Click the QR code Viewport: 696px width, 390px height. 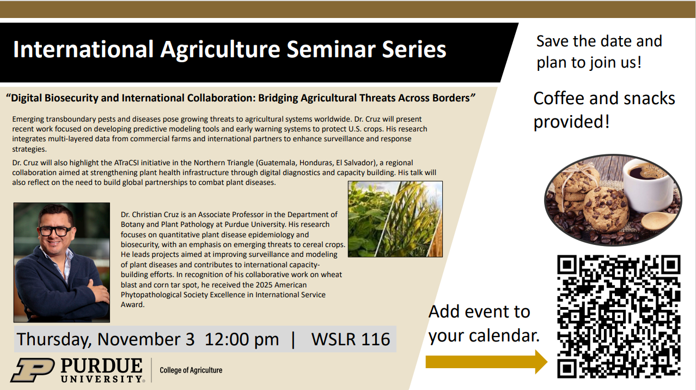tap(619, 316)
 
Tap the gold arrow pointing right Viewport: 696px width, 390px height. tap(486, 362)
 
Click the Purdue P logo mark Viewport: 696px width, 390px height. tap(33, 370)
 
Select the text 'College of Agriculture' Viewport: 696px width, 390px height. tap(191, 370)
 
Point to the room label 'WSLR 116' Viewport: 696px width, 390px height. tap(351, 339)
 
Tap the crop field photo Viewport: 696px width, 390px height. tap(395, 219)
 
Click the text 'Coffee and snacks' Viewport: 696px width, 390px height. tap(604, 98)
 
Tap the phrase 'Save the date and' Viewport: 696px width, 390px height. tap(599, 41)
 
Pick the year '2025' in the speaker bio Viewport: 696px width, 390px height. tap(264, 285)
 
